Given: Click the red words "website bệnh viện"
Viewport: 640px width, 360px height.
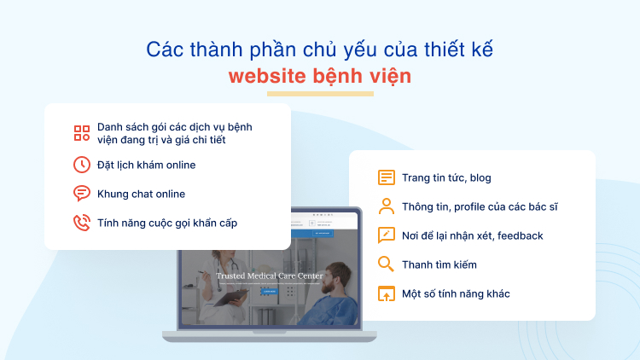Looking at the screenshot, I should coord(319,76).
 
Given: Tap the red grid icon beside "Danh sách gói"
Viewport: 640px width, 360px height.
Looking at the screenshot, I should coord(82,133).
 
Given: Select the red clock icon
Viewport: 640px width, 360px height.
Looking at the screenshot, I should coord(82,165).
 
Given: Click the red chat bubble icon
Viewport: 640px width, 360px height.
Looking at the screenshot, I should coord(82,194).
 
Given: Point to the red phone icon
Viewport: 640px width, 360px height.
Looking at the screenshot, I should coord(82,224).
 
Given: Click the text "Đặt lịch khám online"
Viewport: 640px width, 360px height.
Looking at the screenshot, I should coord(146,165).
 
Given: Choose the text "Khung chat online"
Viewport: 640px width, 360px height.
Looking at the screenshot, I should coord(141,194).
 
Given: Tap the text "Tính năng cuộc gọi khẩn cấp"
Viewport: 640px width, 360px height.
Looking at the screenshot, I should coord(167,224).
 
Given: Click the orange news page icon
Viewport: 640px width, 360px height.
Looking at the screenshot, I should coord(387,177).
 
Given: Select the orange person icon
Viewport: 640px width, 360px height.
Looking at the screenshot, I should coord(387,206).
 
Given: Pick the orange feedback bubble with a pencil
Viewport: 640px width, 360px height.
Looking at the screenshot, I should coord(387,235).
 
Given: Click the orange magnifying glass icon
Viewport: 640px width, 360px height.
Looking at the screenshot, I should coord(387,264).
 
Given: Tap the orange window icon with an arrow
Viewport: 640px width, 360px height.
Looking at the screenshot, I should coord(387,293).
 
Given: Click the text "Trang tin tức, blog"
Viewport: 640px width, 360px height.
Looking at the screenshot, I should coord(446,177).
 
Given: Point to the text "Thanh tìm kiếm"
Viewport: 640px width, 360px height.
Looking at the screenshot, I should coord(439,264).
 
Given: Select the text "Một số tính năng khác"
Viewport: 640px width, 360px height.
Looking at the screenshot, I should coord(456,293).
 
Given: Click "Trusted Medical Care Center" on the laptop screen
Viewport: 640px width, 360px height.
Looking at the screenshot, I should coord(269,276).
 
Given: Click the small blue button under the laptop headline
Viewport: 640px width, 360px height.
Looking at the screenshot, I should coord(269,291).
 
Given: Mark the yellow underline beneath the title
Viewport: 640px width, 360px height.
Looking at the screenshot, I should coord(319,93).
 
